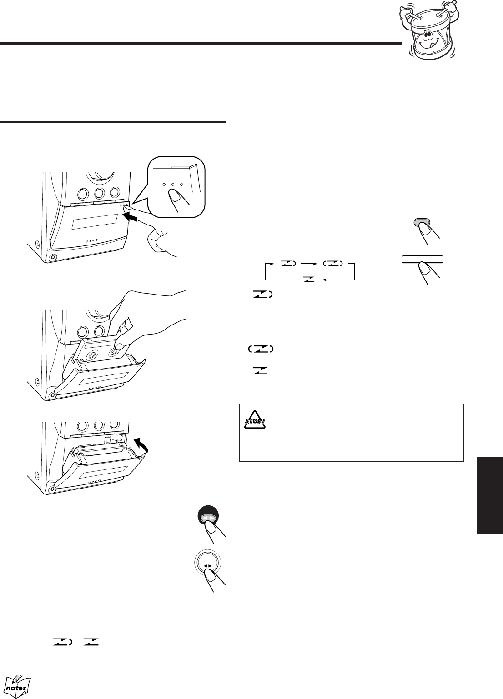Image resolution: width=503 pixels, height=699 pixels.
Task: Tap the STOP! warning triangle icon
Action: pyautogui.click(x=255, y=420)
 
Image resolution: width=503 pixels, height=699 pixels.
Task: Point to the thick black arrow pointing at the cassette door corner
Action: pyautogui.click(x=130, y=218)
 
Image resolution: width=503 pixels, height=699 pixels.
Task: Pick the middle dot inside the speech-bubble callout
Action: pyautogui.click(x=172, y=185)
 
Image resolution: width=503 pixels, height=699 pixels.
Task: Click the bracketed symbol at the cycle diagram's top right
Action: pyautogui.click(x=333, y=264)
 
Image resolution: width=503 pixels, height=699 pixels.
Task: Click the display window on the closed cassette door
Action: pyautogui.click(x=95, y=221)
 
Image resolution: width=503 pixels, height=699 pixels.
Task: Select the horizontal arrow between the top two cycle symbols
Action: pyautogui.click(x=308, y=264)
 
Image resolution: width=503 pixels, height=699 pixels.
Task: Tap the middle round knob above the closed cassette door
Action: pyautogui.click(x=99, y=194)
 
